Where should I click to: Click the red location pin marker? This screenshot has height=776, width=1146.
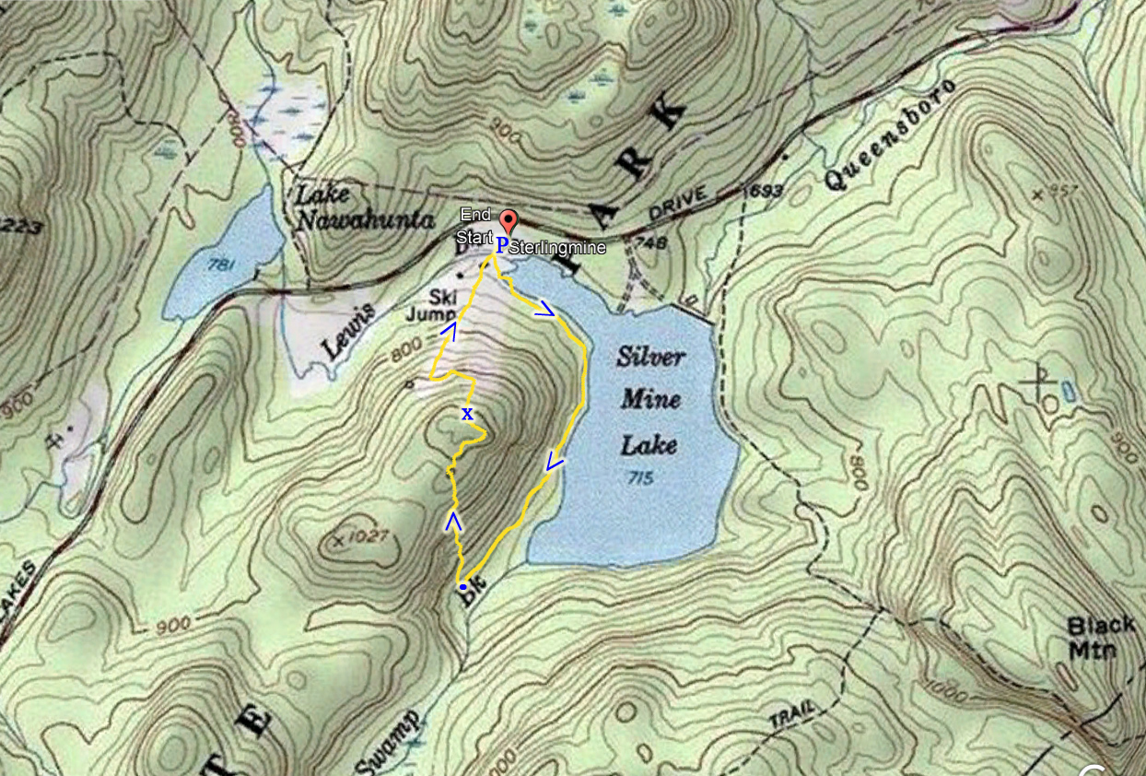point(508,222)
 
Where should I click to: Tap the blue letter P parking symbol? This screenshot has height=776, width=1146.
point(502,245)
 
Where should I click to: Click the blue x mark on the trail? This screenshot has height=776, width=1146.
point(467,414)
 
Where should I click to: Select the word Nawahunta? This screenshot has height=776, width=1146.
point(365,221)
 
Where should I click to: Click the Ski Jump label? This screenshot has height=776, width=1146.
point(429,305)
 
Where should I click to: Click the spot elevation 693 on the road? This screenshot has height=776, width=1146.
point(762,191)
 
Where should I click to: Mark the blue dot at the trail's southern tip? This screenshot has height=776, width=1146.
point(462,586)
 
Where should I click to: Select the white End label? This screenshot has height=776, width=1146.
point(475,215)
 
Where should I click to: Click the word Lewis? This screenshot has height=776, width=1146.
point(349,331)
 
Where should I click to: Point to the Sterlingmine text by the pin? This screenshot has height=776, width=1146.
point(547,248)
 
